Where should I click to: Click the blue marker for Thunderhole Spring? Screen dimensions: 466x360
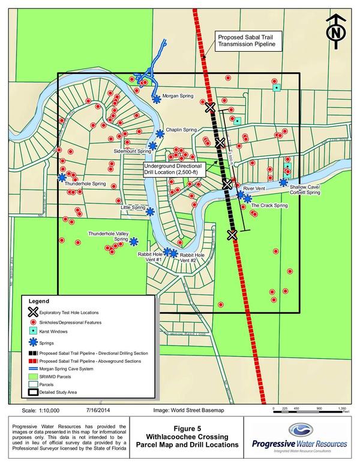pos(62,177)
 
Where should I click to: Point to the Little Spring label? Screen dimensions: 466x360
pos(133,208)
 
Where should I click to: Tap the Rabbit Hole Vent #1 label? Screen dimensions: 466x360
pos(150,258)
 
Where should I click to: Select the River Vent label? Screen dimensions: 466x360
pos(255,189)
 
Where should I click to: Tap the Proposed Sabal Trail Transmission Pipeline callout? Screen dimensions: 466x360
pos(248,41)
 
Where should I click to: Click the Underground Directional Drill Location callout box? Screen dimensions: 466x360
pos(174,169)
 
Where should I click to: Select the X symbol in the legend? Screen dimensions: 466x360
pos(32,312)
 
